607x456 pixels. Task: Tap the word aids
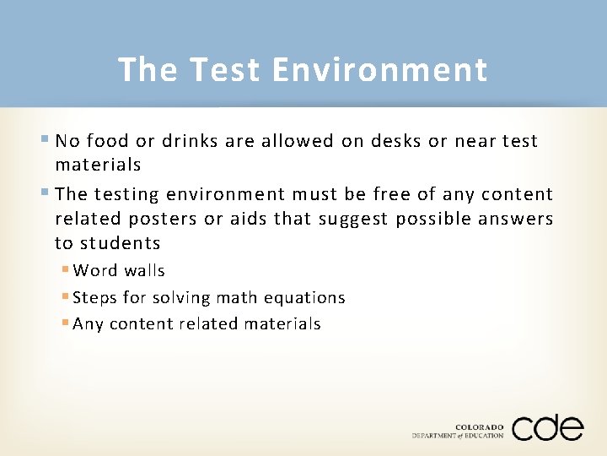pos(248,219)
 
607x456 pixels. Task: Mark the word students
pos(119,243)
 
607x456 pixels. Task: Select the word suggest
pos(341,220)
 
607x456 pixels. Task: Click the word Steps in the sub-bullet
pos(95,298)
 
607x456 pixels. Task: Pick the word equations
pos(303,298)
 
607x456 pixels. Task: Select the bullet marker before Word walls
pos(65,271)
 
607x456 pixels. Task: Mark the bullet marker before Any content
pos(65,323)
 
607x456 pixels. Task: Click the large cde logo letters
pos(546,428)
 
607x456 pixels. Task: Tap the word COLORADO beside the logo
pos(479,427)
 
